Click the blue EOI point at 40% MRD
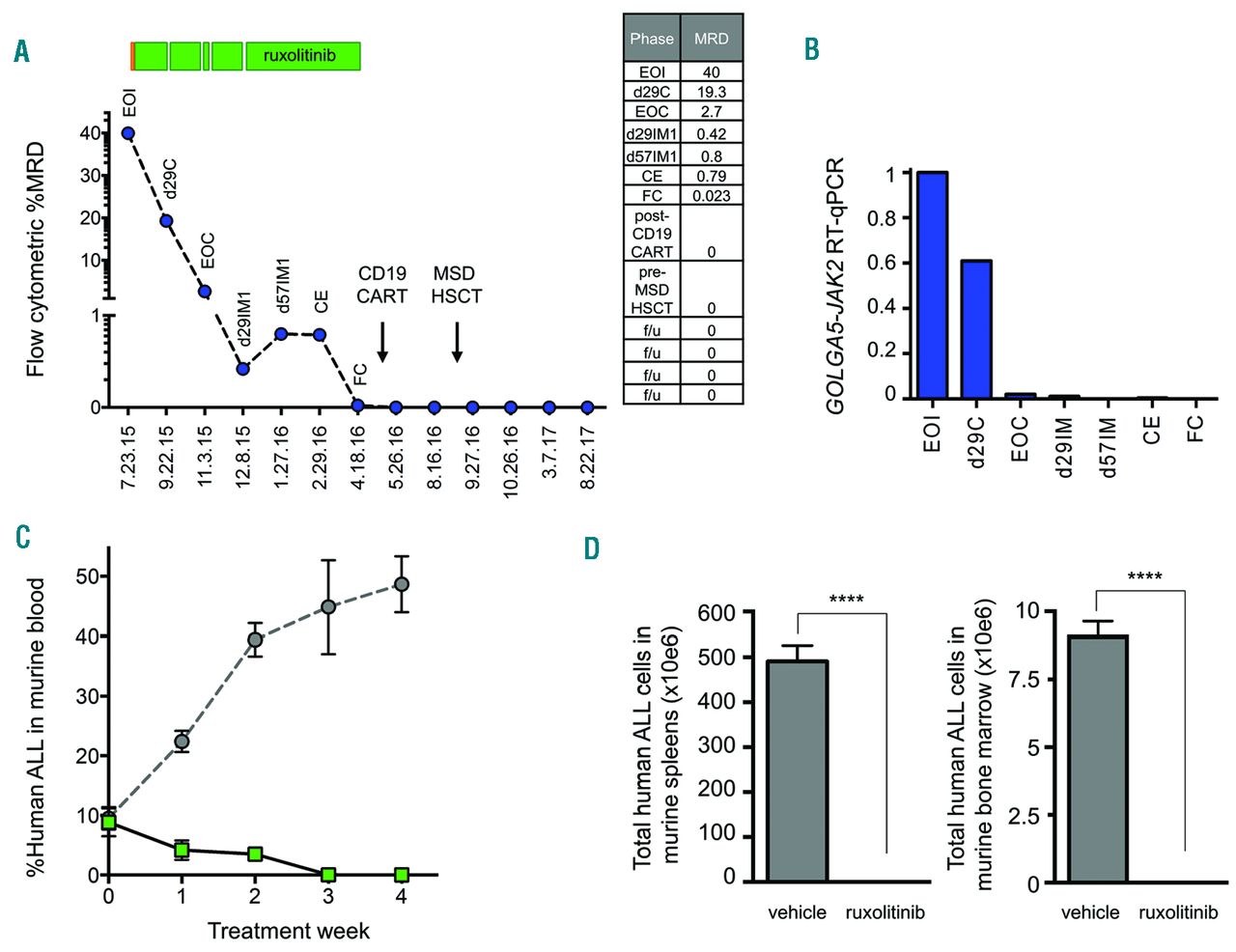click(127, 133)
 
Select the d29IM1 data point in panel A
click(243, 369)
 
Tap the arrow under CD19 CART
click(382, 343)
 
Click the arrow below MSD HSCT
click(457, 343)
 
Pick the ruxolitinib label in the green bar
click(299, 56)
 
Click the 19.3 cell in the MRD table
click(712, 92)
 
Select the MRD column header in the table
click(712, 39)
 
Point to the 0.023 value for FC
click(712, 196)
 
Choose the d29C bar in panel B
click(976, 329)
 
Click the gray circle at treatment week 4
click(402, 584)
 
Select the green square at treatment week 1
click(182, 851)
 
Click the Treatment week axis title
click(288, 931)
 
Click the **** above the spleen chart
click(846, 600)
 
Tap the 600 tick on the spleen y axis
click(716, 613)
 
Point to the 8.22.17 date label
click(587, 459)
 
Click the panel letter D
click(591, 548)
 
